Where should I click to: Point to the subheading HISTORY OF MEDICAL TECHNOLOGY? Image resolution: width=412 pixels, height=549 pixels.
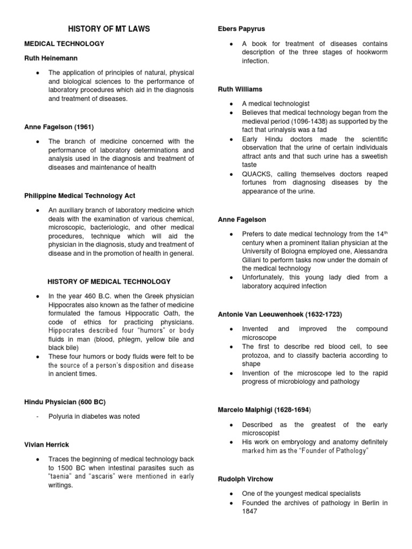[109, 281]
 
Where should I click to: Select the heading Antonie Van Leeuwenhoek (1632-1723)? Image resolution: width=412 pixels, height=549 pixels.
[279, 314]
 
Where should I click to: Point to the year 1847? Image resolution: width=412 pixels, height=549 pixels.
[250, 511]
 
